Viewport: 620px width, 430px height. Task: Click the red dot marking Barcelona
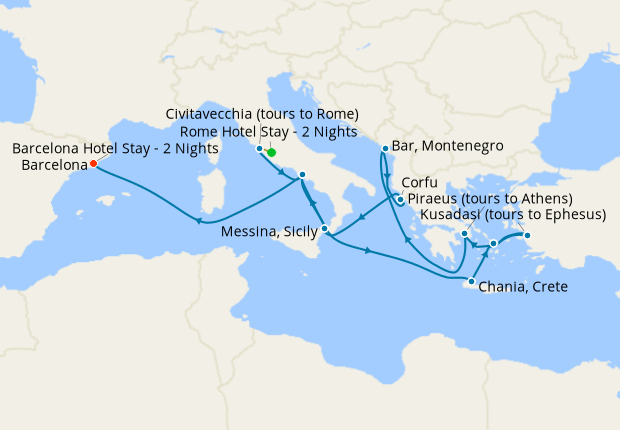click(x=93, y=163)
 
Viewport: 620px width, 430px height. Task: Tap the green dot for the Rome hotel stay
click(x=271, y=153)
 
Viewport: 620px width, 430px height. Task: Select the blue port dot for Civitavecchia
click(x=260, y=149)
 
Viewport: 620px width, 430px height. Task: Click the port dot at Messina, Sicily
click(x=325, y=229)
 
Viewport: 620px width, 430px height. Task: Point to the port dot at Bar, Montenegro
click(x=384, y=149)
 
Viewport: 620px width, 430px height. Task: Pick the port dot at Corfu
click(x=400, y=200)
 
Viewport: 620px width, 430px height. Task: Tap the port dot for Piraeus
click(x=465, y=235)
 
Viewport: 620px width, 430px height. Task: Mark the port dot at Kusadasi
click(x=528, y=236)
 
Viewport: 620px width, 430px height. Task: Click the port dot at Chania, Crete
click(x=471, y=281)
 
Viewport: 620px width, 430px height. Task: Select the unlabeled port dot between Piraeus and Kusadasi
click(x=493, y=243)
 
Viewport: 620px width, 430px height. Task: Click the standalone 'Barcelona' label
click(x=52, y=166)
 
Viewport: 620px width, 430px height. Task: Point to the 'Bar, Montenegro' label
click(x=448, y=146)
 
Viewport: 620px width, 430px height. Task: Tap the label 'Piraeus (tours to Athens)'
click(x=489, y=199)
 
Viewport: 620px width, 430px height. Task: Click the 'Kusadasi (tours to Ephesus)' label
click(x=513, y=215)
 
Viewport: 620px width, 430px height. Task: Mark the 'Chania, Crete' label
click(x=524, y=287)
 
